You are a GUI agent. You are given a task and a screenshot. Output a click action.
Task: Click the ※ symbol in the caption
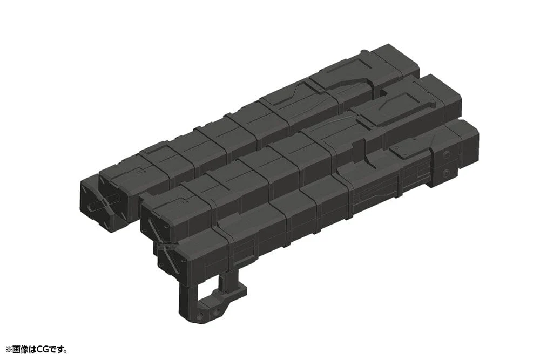click(8, 350)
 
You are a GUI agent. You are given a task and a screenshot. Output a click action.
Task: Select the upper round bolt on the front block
click(446, 155)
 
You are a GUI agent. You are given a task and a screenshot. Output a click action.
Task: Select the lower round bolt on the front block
click(446, 173)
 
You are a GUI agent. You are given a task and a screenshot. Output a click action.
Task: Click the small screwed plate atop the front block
click(408, 153)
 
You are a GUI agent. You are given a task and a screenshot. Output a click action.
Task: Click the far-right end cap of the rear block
click(397, 59)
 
